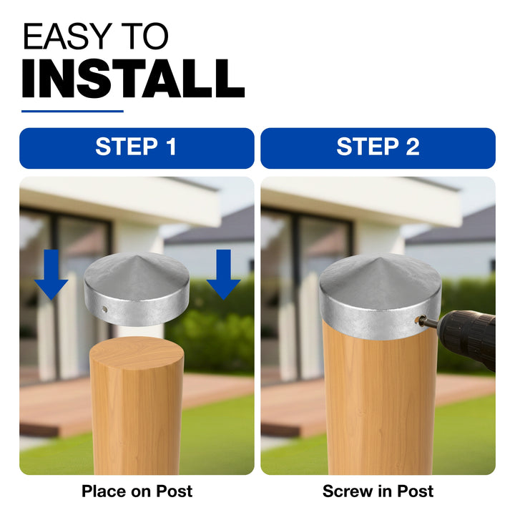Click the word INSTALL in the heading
click(133, 79)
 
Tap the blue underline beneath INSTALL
click(72, 112)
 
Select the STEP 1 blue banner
click(137, 148)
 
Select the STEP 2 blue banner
click(378, 148)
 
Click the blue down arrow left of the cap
click(51, 275)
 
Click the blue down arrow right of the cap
click(223, 275)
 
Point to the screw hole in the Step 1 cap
click(104, 309)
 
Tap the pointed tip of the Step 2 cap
click(380, 257)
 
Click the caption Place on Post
click(137, 491)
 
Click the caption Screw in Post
click(378, 491)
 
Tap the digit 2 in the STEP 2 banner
click(413, 147)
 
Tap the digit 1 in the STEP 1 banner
click(172, 147)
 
